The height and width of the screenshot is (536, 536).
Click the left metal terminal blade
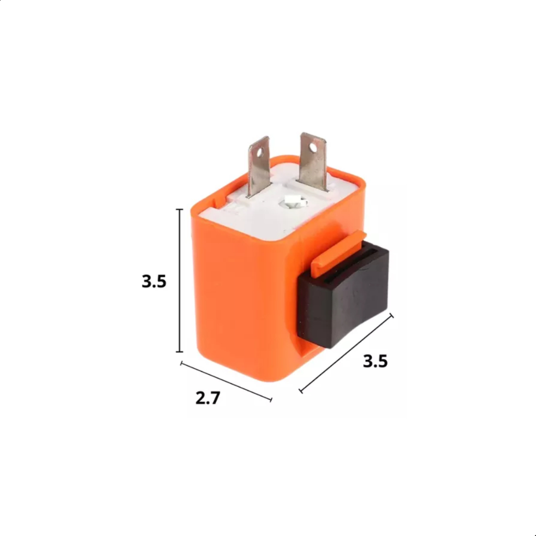[x=259, y=166]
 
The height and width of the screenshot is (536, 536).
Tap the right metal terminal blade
[x=313, y=161]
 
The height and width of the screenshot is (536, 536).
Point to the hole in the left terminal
[x=262, y=150]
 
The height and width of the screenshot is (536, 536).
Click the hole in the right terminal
[x=313, y=147]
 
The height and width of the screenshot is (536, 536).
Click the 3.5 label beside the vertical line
[x=154, y=281]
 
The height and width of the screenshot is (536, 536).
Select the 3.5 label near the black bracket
[x=375, y=361]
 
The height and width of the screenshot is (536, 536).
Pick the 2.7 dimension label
[x=208, y=398]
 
